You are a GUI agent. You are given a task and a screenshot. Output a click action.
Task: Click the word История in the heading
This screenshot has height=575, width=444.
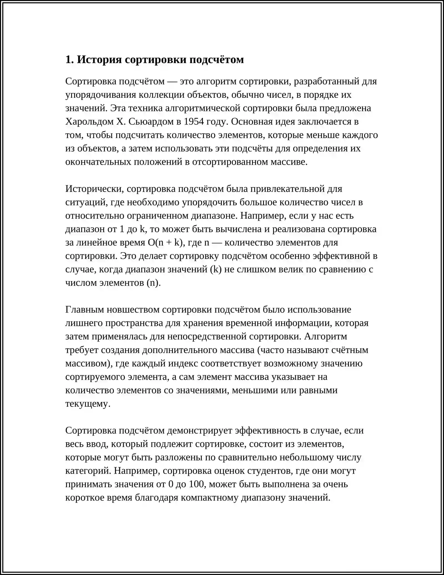coord(99,60)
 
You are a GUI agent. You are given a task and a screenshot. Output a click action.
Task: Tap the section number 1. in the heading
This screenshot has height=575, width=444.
coord(69,60)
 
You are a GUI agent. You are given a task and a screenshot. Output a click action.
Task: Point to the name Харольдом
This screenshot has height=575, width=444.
coord(89,122)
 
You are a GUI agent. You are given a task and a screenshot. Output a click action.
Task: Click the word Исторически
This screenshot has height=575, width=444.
coord(94,189)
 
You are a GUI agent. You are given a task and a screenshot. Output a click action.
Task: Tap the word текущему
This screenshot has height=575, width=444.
coord(88,404)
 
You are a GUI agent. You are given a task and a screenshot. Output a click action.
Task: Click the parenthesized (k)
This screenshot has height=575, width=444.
coord(216,269)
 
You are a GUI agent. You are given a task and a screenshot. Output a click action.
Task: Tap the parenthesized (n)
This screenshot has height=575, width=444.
coord(153,283)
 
